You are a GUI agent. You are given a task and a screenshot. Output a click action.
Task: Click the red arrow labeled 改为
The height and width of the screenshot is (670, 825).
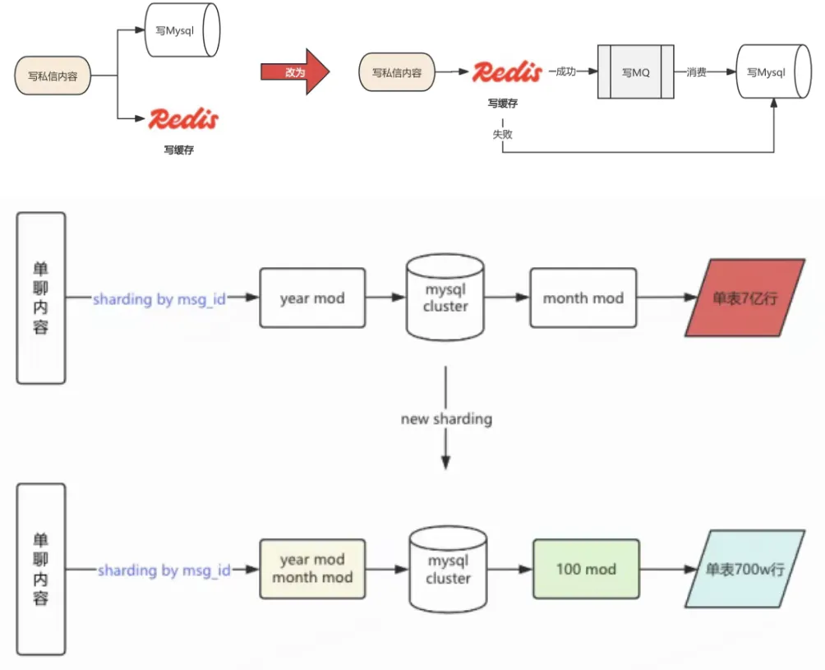point(295,72)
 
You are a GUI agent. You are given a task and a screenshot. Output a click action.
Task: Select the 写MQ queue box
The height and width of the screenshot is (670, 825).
point(635,72)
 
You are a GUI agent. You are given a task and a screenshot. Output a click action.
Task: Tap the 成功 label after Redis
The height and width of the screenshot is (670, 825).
point(566,72)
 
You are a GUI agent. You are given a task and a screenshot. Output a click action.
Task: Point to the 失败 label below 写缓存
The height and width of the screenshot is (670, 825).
point(503,134)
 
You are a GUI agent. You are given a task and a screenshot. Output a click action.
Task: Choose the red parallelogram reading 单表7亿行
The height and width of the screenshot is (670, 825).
point(744,298)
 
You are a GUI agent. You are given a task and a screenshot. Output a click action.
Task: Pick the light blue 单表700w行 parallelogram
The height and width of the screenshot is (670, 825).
point(744,569)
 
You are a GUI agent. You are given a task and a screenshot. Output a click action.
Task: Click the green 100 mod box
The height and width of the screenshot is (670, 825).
point(586,569)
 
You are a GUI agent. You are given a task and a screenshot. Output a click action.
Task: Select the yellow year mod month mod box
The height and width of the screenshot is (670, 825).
point(312,569)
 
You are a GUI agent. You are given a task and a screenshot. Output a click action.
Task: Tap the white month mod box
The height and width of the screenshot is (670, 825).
point(583,298)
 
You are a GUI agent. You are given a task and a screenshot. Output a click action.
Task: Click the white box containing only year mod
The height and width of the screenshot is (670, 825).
point(312,298)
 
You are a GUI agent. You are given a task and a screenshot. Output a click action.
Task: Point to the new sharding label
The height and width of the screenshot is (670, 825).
point(446,419)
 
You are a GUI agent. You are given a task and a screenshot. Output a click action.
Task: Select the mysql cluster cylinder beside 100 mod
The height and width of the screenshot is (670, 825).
point(449,570)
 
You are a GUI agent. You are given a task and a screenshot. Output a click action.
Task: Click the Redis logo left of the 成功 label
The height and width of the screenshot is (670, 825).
point(506,72)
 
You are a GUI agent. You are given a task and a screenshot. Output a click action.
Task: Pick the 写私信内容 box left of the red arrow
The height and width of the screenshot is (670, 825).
point(53,76)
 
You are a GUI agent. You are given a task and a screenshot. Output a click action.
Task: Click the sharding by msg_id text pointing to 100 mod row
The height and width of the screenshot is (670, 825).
point(164,570)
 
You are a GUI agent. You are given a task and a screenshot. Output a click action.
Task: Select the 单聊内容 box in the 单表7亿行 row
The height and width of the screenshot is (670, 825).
point(41,298)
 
